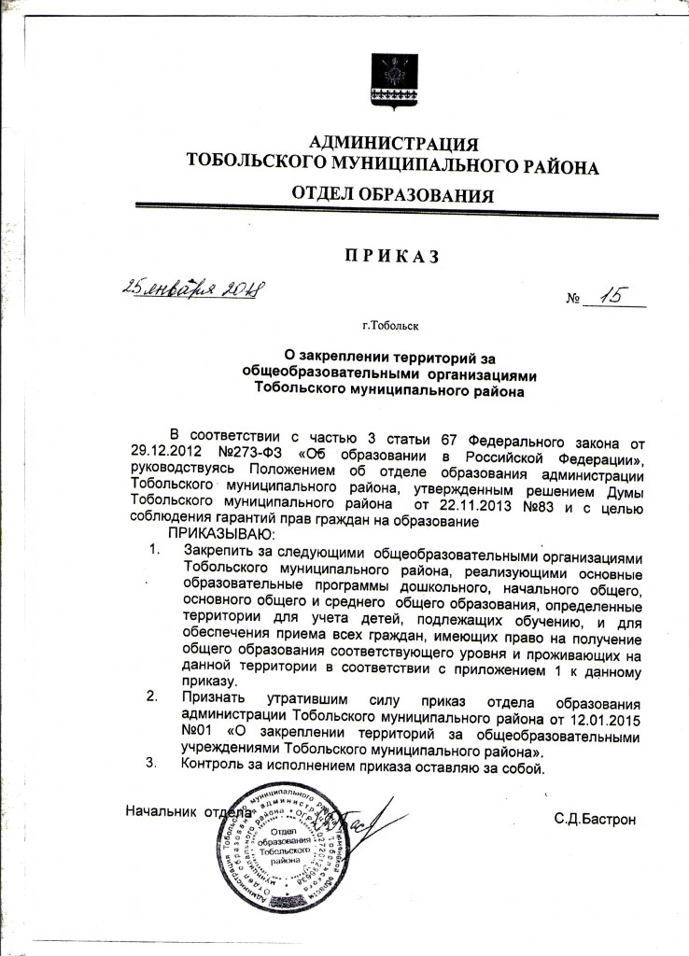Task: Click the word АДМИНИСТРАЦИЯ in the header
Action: [393, 144]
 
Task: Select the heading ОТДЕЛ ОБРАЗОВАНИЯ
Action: [392, 195]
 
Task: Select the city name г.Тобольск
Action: [392, 327]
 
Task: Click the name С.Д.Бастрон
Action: [595, 820]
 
